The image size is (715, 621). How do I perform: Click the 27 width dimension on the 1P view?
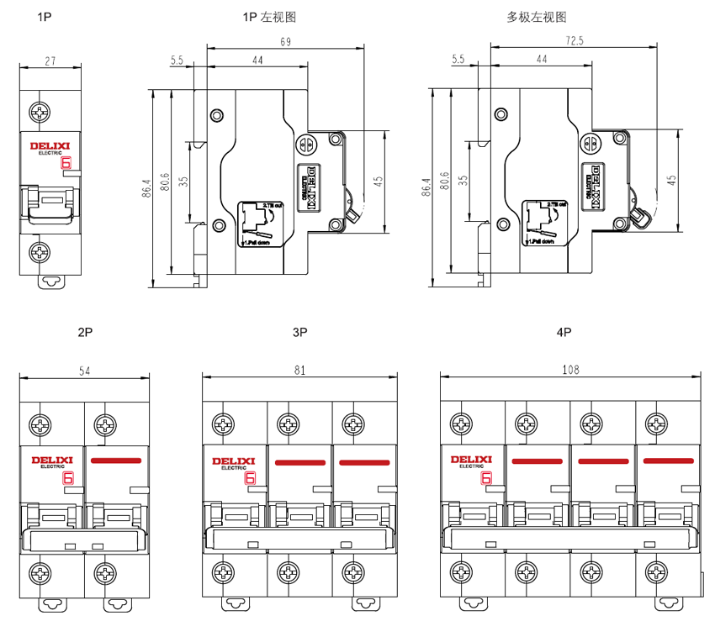[50, 61]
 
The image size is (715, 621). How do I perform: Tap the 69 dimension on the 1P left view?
[286, 42]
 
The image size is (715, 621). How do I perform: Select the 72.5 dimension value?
[575, 40]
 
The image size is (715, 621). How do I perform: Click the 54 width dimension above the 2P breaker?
[85, 370]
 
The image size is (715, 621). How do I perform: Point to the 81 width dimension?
[299, 370]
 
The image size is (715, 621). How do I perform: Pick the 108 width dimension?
[571, 370]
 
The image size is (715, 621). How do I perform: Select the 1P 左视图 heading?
[269, 17]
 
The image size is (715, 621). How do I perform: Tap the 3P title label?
[299, 333]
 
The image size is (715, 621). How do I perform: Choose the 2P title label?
[85, 333]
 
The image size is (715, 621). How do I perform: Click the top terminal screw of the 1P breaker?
[40, 112]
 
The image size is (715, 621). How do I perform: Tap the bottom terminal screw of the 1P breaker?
[40, 251]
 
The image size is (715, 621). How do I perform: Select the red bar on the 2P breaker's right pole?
[117, 461]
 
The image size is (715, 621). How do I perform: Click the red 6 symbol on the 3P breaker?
[250, 479]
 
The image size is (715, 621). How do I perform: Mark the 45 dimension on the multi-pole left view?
[671, 180]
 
